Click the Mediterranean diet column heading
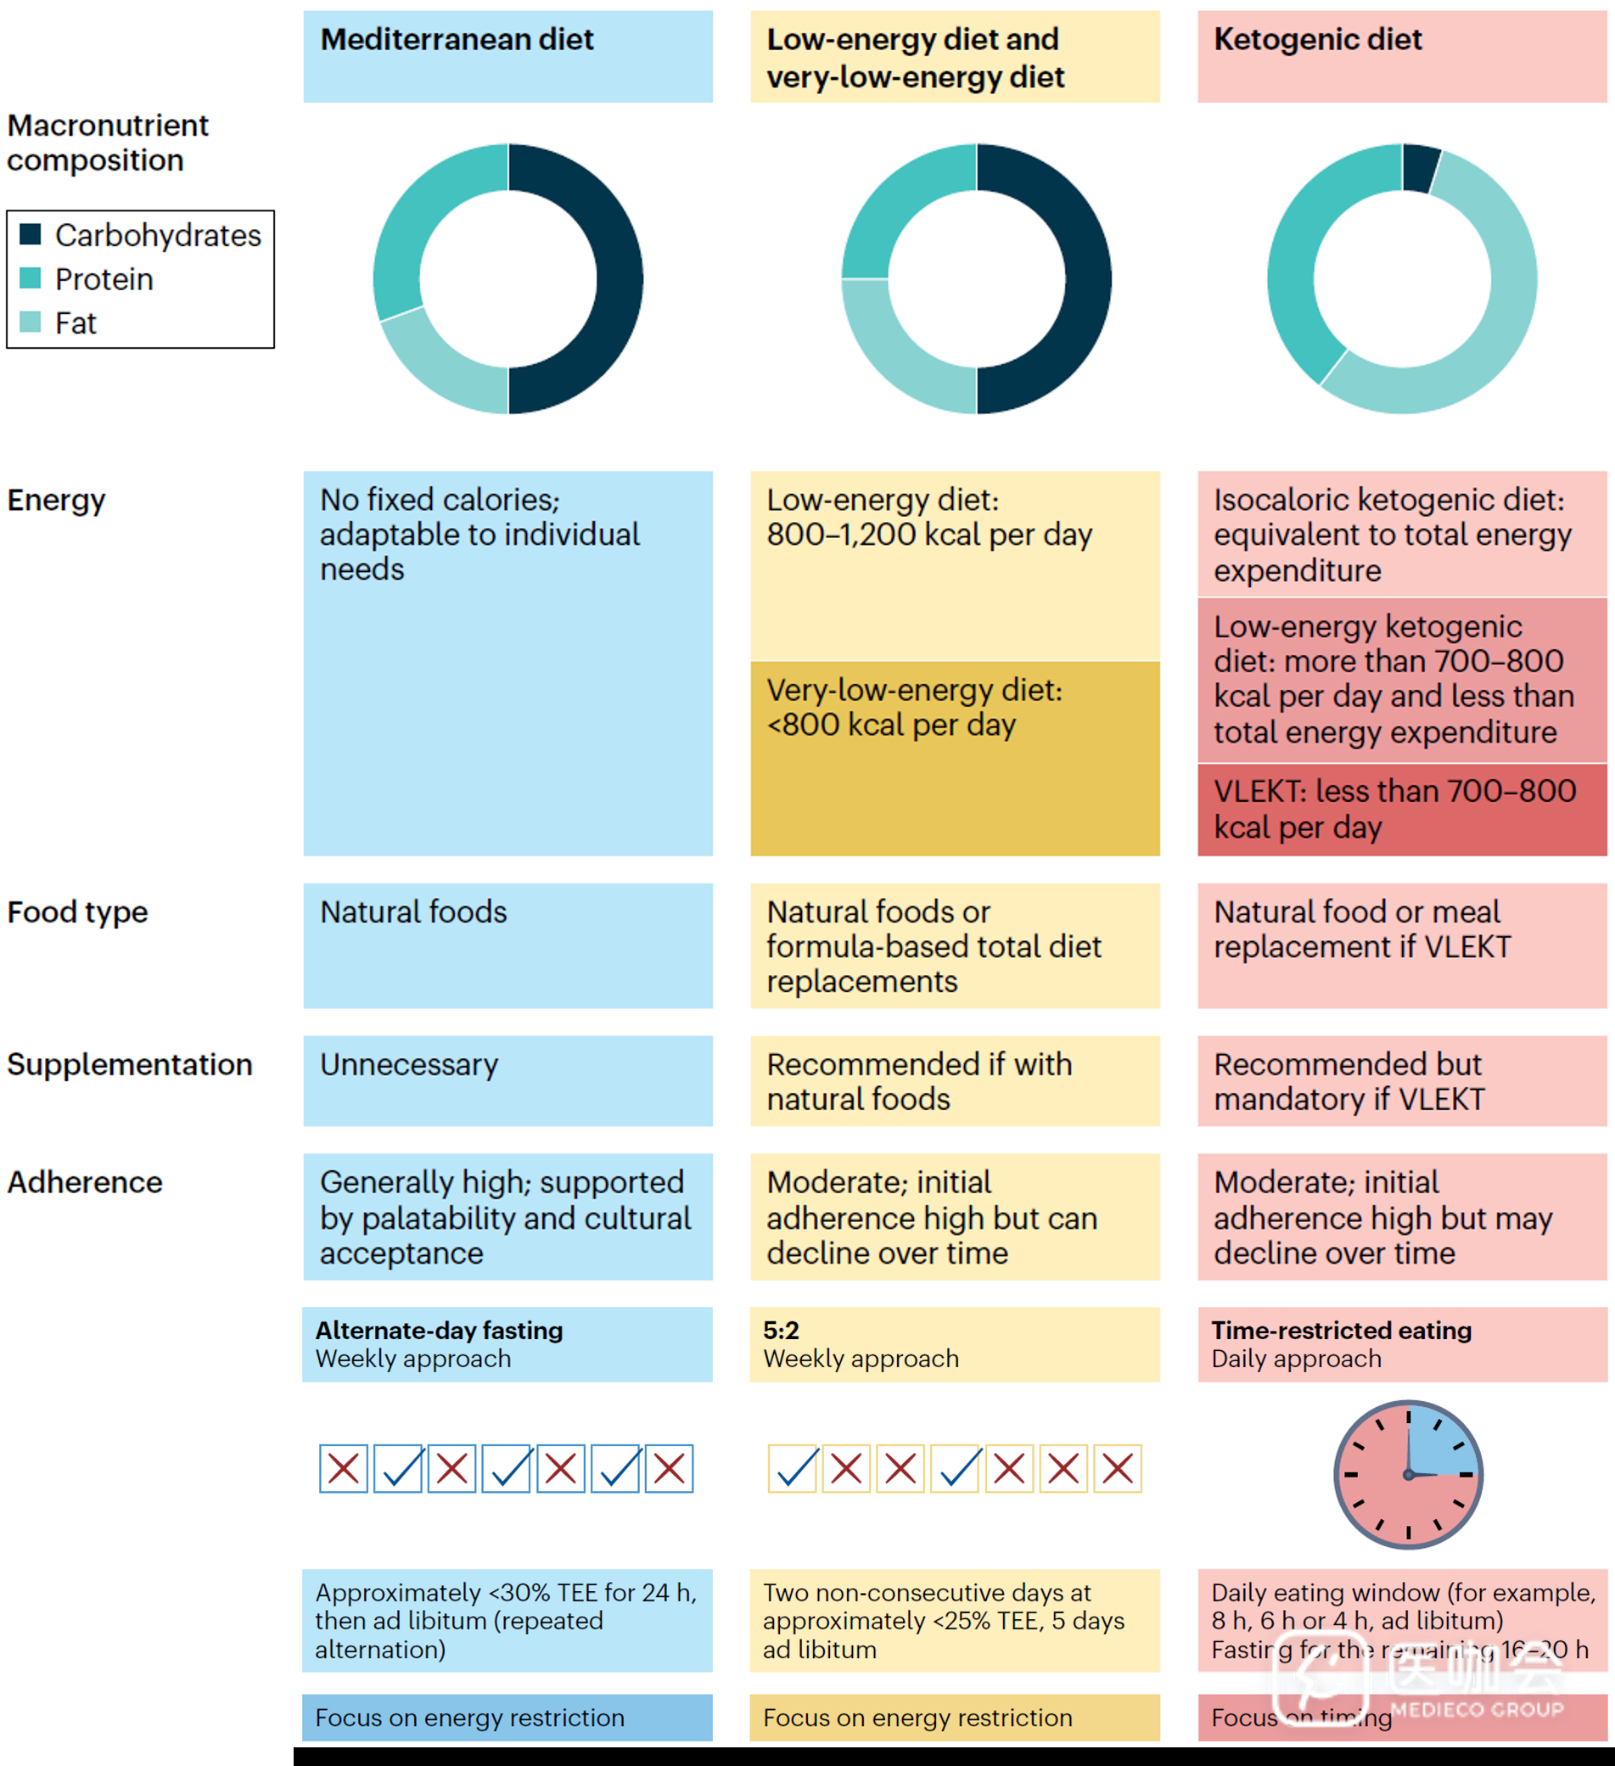tap(457, 40)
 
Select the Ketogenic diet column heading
tap(1317, 40)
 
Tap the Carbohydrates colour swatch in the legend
tap(31, 234)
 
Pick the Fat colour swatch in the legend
tap(31, 322)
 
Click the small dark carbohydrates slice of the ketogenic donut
tap(1420, 166)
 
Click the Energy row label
tap(56, 500)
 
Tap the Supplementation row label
tap(130, 1064)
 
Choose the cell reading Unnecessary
tap(409, 1064)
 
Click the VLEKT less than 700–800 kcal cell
tap(1401, 809)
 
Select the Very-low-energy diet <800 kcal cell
tap(955, 758)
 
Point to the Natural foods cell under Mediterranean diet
tap(413, 912)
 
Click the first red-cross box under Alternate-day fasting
tap(344, 1468)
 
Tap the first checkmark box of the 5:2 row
tap(793, 1468)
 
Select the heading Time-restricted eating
tap(1341, 1331)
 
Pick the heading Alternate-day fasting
tap(439, 1331)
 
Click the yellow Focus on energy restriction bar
tap(955, 1717)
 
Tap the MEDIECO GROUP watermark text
tap(1477, 1709)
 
